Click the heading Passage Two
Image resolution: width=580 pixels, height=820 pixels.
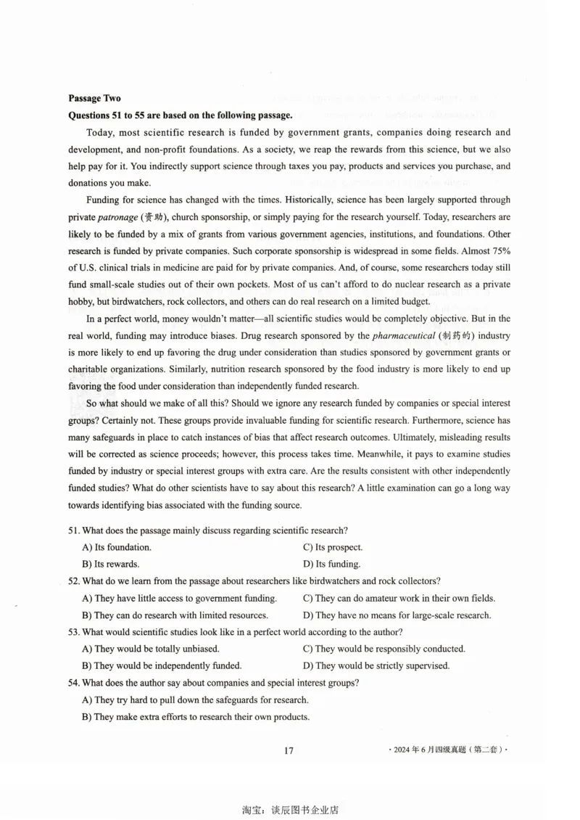[94, 98]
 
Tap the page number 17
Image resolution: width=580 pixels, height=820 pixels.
[289, 750]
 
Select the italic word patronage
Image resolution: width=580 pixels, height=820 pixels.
[118, 217]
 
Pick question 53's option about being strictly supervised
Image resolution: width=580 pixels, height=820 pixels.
[376, 665]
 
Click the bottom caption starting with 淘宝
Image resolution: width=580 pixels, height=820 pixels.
[290, 809]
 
